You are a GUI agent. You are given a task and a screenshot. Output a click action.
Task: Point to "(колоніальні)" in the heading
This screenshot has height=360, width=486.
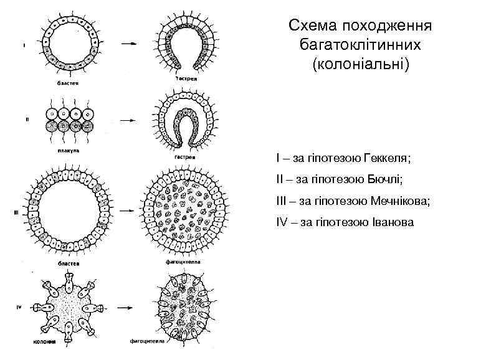[x=361, y=64]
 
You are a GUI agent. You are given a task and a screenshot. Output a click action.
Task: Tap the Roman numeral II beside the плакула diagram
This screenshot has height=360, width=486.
[x=26, y=120]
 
